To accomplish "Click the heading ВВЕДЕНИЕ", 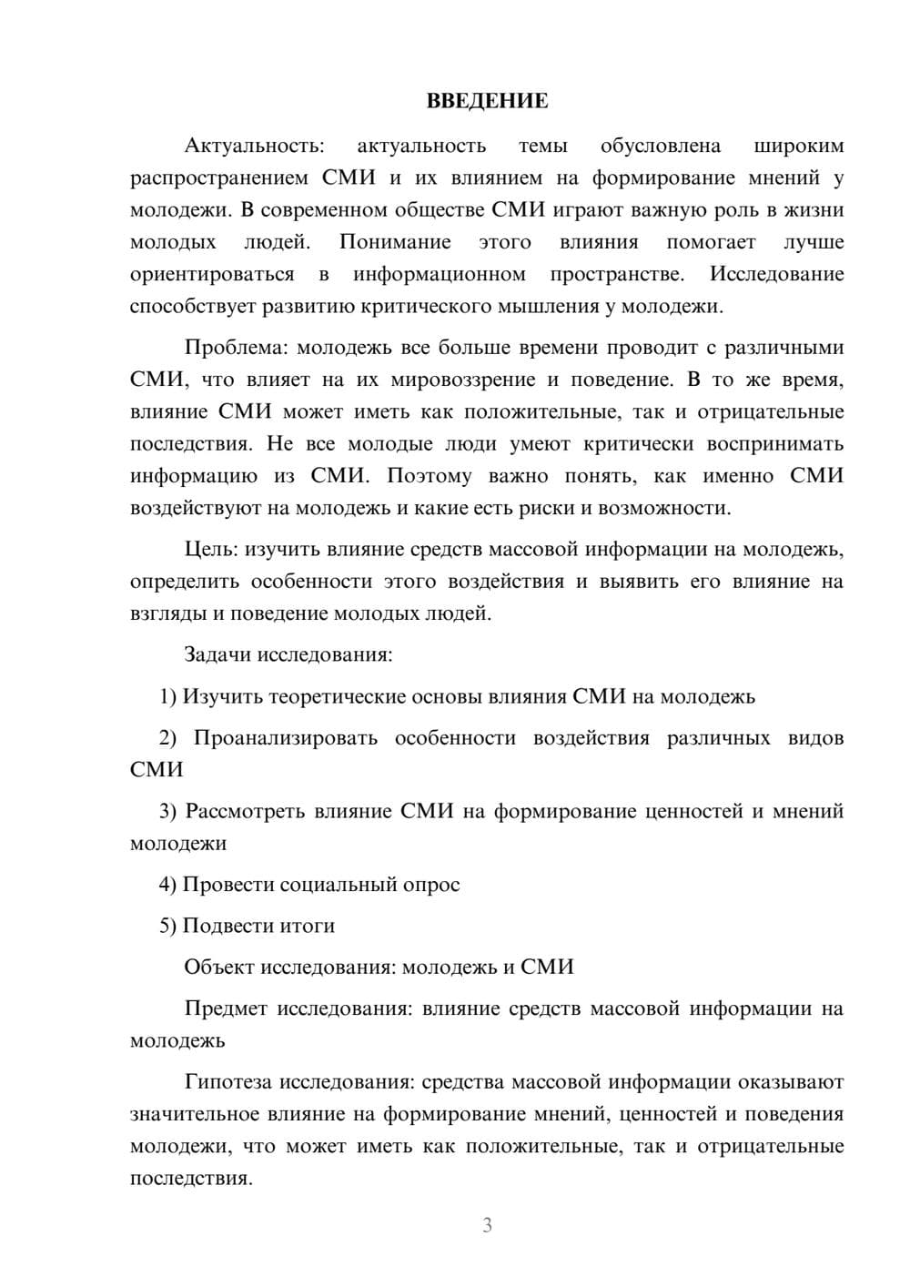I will [x=487, y=101].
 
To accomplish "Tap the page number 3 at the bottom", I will [x=487, y=1225].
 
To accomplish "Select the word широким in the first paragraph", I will [x=799, y=146].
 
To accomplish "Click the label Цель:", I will [x=211, y=550].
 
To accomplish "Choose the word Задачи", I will [x=218, y=654].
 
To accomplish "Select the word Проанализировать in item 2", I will [x=285, y=738].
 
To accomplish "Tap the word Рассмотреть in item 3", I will [x=245, y=811].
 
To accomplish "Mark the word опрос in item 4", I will [x=431, y=885].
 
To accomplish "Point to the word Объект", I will [x=219, y=967].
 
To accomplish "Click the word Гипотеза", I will [x=228, y=1082].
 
